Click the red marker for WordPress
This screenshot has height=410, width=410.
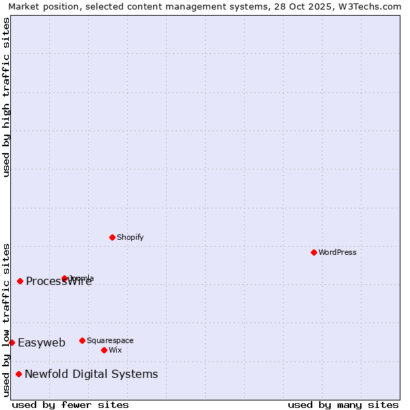click(314, 252)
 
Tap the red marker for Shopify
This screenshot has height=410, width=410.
click(112, 237)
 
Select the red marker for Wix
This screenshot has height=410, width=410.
click(104, 350)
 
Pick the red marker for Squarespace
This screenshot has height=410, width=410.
click(82, 340)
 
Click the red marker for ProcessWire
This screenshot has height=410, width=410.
click(20, 281)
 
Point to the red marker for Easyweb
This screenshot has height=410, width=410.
click(12, 342)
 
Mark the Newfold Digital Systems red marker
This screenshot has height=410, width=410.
click(18, 374)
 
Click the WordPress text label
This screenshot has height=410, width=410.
click(338, 252)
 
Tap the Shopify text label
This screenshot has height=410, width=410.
click(130, 237)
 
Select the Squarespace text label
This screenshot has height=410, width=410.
click(110, 340)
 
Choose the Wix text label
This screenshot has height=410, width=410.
click(115, 350)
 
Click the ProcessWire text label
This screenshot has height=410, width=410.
click(59, 282)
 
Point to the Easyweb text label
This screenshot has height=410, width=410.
click(42, 343)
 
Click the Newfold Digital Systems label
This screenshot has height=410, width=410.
click(91, 374)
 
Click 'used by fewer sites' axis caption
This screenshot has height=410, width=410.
click(70, 405)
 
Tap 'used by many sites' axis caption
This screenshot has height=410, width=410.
click(343, 405)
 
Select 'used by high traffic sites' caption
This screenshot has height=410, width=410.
click(6, 97)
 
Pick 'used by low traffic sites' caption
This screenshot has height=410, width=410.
click(6, 320)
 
